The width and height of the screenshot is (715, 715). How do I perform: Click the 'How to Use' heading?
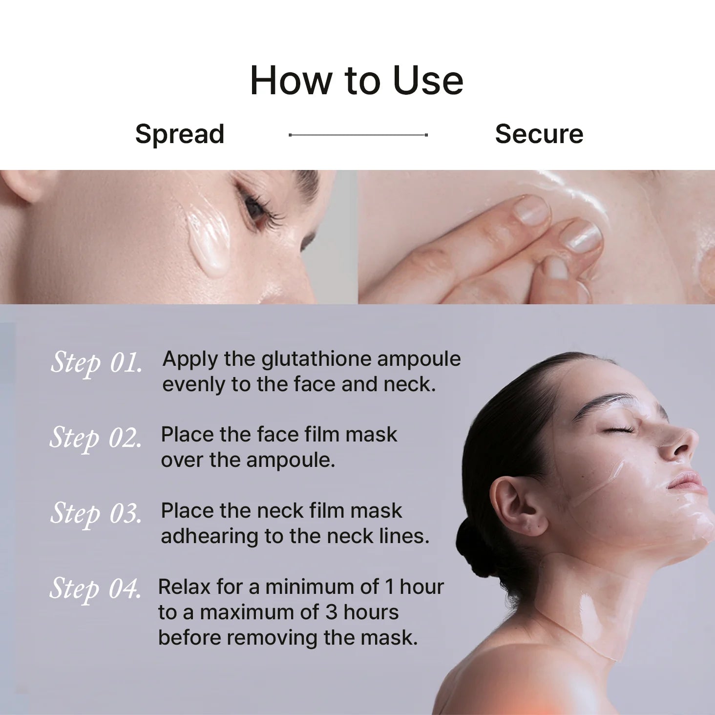tap(357, 81)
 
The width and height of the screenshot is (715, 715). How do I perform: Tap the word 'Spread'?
tap(180, 134)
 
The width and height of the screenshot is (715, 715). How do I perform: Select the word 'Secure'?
tap(539, 134)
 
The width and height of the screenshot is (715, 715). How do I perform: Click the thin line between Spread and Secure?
tap(358, 135)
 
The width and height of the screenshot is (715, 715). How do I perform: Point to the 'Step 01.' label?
tap(96, 363)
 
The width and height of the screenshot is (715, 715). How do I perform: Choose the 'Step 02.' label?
tap(96, 438)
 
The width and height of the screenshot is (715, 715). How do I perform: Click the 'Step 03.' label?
tap(96, 514)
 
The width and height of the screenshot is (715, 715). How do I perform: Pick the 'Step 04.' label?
tap(95, 589)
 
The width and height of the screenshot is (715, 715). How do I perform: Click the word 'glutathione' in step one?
tap(316, 359)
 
